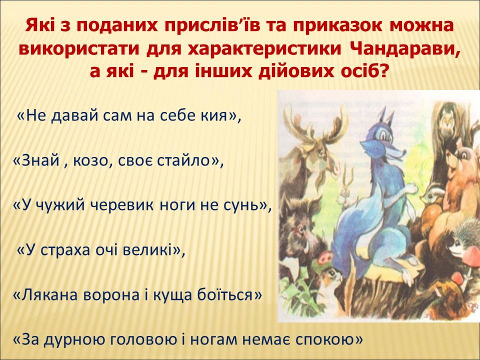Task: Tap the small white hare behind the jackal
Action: (x=347, y=193)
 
